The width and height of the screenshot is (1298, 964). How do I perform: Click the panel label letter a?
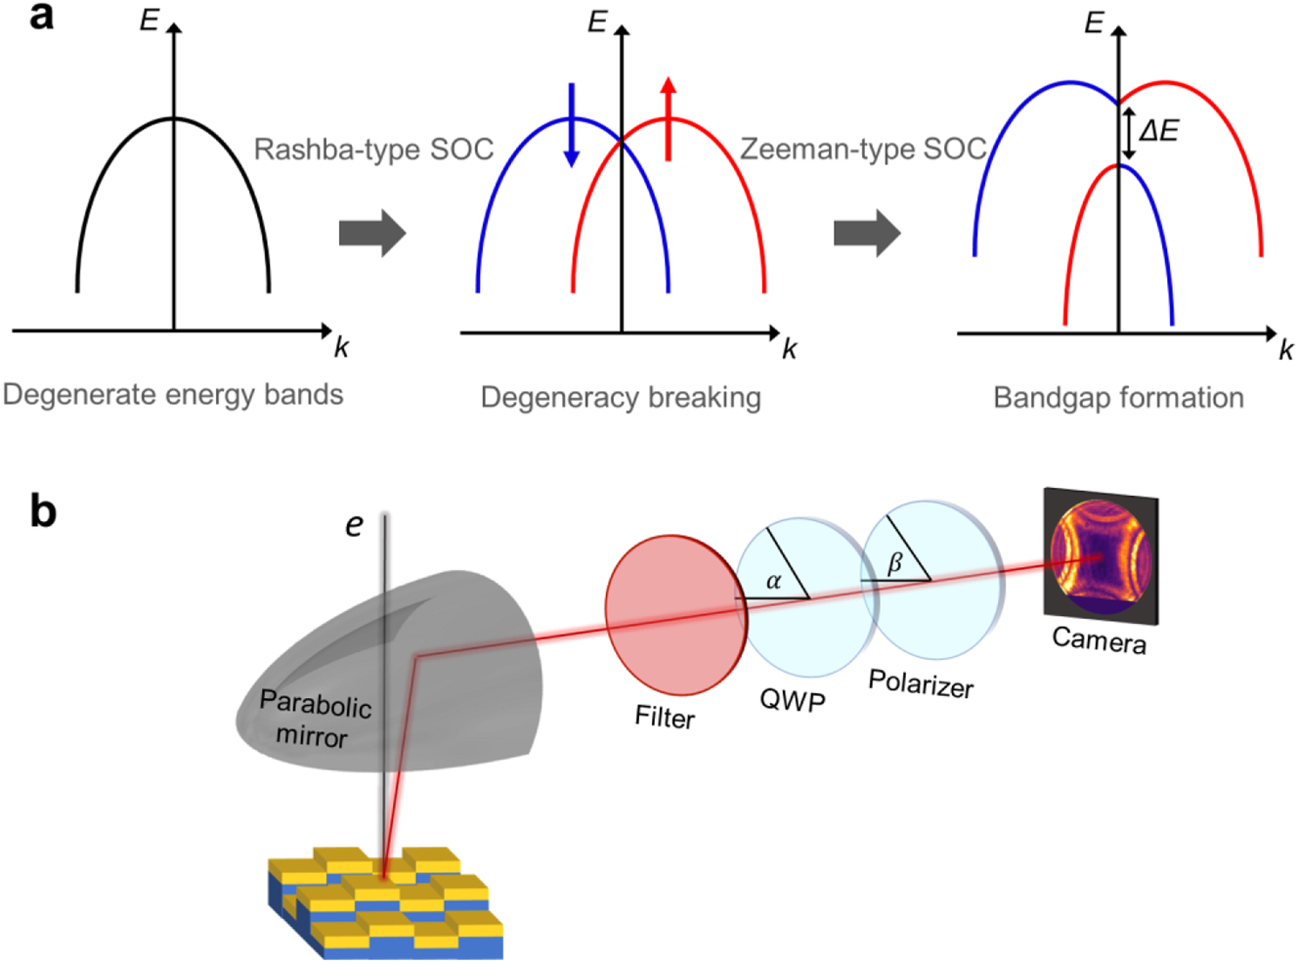pos(41,17)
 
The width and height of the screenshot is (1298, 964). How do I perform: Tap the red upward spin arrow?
pos(668,117)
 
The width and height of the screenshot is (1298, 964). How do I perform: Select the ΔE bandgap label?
pos(1159,131)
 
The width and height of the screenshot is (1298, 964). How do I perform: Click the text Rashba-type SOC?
pos(373,150)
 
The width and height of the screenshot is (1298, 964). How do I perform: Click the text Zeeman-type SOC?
pos(863,149)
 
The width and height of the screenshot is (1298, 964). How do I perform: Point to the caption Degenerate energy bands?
pos(173,395)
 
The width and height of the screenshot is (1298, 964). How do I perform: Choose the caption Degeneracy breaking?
pos(621,398)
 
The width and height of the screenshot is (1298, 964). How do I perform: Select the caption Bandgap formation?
pos(1118,398)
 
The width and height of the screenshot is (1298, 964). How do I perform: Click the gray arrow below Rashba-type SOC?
pos(371,234)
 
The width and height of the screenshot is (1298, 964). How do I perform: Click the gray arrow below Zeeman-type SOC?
pos(867,234)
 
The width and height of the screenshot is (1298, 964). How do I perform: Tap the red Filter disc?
pos(673,615)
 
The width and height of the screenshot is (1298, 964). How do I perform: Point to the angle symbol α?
pos(773,582)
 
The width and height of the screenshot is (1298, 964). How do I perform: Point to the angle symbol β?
pos(894,563)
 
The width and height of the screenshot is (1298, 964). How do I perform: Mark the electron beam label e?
pos(354,526)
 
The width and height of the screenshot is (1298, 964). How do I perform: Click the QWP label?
pos(793,701)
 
